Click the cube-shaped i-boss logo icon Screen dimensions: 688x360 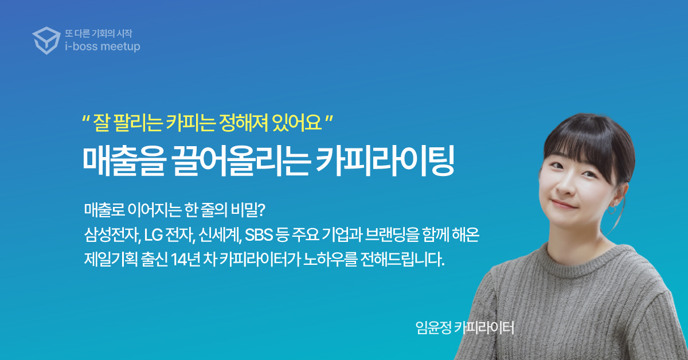46,41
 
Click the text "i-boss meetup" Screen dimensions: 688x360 103,46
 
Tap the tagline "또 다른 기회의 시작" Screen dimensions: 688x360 99,33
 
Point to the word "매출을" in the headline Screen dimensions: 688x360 124,162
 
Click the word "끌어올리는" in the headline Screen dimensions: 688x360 241,162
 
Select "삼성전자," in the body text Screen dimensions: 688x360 112,235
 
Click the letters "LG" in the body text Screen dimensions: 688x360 153,235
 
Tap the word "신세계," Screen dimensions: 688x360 220,235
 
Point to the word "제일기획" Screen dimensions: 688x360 111,260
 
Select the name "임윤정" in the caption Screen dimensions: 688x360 433,327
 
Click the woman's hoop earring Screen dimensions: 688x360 611,210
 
